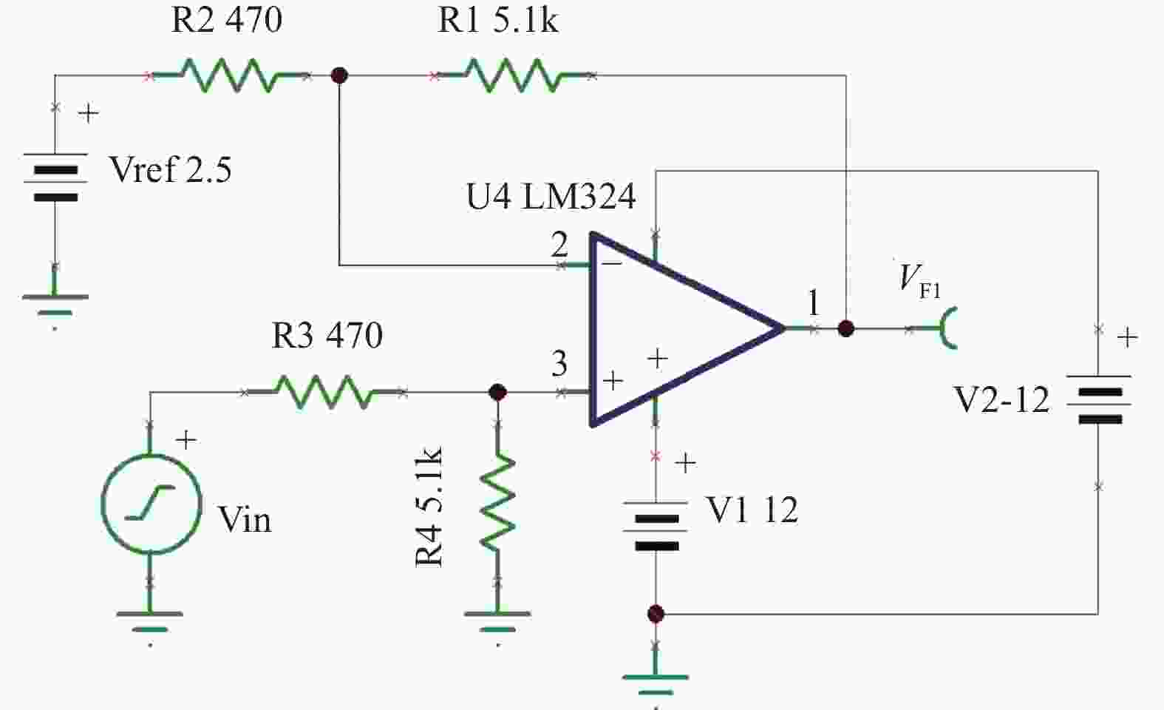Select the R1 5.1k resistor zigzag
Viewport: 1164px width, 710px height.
(514, 75)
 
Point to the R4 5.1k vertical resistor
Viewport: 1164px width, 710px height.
(498, 503)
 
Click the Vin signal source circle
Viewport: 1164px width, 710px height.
(151, 504)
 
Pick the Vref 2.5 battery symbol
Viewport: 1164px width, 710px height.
(55, 177)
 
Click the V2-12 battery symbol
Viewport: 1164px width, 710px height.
(1098, 399)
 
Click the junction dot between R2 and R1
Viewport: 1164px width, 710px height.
(339, 75)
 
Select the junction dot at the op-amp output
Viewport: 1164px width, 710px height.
(846, 328)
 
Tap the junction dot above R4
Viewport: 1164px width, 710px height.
(498, 392)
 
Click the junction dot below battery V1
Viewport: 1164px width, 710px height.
(656, 614)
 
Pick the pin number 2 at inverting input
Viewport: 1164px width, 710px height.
(559, 244)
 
